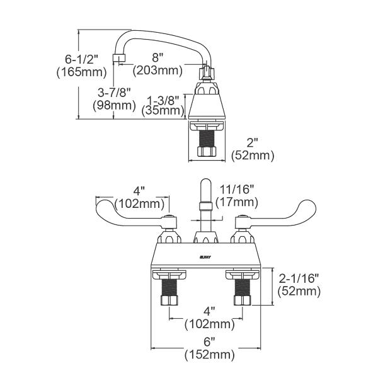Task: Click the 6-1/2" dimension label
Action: click(x=81, y=59)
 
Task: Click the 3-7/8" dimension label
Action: click(x=111, y=93)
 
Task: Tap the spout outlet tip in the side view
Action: click(x=117, y=60)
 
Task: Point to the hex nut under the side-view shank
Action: click(x=207, y=152)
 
